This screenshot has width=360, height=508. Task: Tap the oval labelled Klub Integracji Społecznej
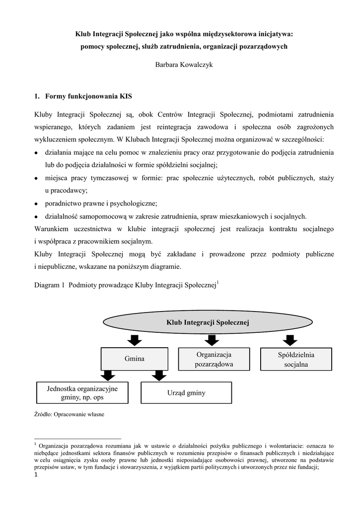[208, 322]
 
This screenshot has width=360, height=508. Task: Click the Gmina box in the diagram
[134, 359]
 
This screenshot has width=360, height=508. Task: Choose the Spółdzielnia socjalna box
[296, 360]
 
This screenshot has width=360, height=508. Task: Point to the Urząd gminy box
[186, 393]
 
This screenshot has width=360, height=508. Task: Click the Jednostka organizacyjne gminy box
[82, 393]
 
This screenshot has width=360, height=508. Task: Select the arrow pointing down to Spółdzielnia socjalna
[290, 340]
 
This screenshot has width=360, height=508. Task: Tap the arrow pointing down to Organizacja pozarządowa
[212, 340]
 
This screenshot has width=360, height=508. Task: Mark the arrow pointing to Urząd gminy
[158, 376]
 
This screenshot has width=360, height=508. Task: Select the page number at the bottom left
[36, 476]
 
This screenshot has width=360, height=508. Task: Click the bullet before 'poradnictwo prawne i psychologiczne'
[37, 204]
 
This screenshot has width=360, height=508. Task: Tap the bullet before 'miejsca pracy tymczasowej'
[37, 178]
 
